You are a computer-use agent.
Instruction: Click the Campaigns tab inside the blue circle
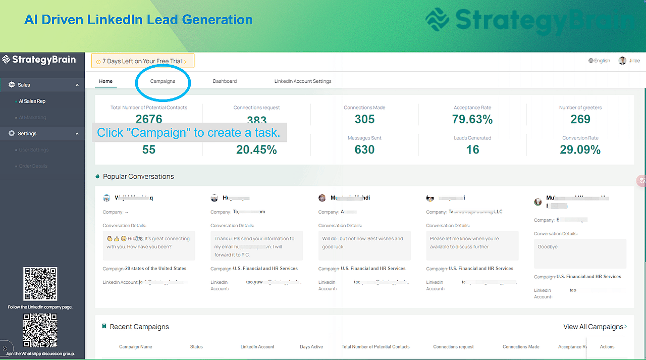pos(163,81)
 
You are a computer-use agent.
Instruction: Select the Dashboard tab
pos(225,81)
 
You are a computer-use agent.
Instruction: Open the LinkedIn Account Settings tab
pos(303,81)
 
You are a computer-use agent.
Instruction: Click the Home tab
pos(106,81)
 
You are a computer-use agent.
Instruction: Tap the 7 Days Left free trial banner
pos(143,61)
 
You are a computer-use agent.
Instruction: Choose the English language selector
pos(599,61)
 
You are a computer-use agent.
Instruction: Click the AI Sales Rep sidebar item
pos(32,101)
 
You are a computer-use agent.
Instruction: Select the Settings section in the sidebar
pos(27,133)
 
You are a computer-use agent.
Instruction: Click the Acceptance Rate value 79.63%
pos(472,119)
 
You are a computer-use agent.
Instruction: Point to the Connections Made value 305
pos(364,119)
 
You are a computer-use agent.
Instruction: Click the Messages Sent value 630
pos(364,149)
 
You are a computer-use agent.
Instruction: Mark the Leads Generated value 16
pos(472,149)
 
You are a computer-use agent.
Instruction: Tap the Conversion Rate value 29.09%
pos(580,149)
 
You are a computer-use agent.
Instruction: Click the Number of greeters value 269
pos(580,119)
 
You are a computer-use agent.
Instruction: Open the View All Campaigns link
pos(595,327)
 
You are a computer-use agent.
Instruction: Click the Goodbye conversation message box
pos(580,253)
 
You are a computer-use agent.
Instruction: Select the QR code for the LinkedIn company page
pos(40,284)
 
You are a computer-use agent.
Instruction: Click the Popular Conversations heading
pos(138,176)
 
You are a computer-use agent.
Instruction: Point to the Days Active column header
pos(311,347)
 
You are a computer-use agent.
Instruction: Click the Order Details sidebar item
pos(33,166)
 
